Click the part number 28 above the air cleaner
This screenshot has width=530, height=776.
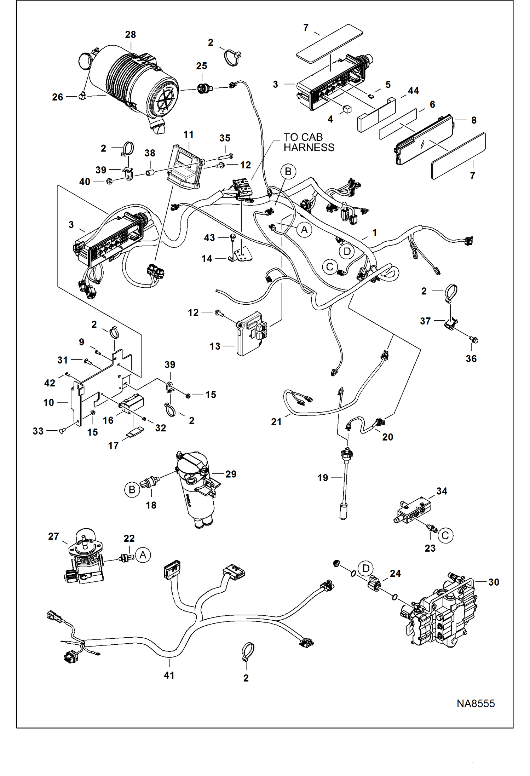pos(130,35)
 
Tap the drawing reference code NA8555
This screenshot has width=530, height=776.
pos(475,703)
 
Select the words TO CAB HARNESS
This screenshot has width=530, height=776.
pos(309,142)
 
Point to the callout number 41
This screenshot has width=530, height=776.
pos(169,675)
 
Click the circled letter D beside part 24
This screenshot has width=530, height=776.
pos(365,568)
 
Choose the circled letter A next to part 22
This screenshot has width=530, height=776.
pos(143,554)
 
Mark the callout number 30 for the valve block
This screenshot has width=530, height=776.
pos(493,582)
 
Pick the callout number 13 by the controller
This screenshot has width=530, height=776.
pos(215,346)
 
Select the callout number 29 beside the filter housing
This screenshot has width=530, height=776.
pos(231,474)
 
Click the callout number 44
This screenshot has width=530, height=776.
pos(413,91)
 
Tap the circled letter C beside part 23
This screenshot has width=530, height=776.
pos(445,535)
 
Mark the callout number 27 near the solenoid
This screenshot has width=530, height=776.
pos(53,536)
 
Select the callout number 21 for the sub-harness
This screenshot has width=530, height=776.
pos(276,422)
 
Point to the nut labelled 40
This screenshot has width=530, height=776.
pos(110,182)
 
